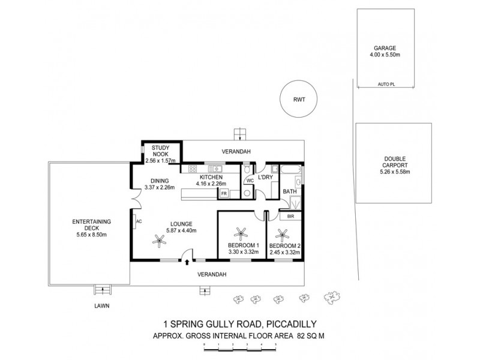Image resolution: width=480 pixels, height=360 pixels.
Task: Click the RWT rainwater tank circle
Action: [x=295, y=100]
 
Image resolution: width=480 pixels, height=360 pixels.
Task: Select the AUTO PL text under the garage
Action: [x=386, y=84]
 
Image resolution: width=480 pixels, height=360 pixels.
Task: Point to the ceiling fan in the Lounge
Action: [x=159, y=240]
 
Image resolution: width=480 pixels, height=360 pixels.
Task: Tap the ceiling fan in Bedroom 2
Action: [x=282, y=232]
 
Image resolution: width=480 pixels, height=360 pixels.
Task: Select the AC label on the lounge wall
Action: [x=139, y=220]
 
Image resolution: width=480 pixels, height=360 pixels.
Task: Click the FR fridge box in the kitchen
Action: [x=224, y=194]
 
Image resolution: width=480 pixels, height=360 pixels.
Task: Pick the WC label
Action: [x=249, y=179]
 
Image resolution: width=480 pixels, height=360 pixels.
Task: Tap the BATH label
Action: [x=290, y=192]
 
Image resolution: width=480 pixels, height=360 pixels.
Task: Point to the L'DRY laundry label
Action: [x=266, y=170]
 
